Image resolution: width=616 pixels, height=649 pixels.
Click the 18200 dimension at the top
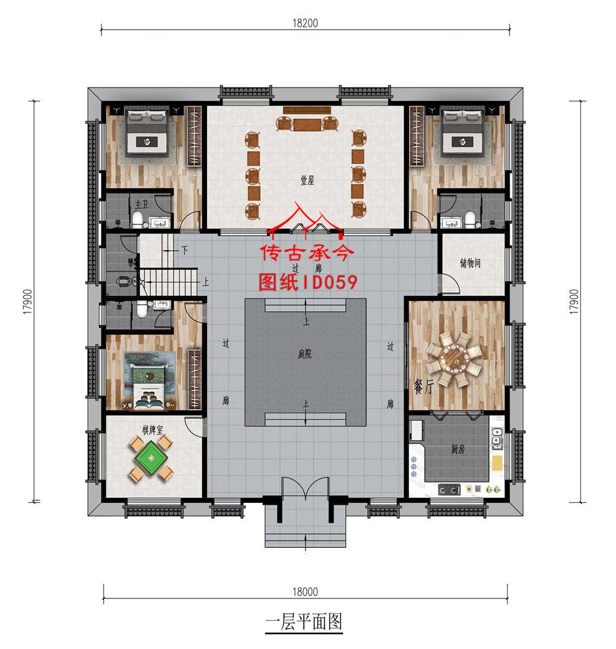(306, 23)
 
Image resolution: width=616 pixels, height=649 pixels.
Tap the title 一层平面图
(304, 621)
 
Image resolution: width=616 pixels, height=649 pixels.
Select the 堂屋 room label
(307, 180)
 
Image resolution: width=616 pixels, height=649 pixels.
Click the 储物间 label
(470, 263)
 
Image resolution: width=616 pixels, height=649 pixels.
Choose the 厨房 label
(457, 449)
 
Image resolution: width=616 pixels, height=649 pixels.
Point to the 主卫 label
(141, 203)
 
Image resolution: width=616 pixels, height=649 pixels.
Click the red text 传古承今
(306, 255)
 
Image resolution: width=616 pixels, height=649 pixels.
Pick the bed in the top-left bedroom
(148, 132)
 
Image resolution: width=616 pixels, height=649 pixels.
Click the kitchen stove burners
(448, 489)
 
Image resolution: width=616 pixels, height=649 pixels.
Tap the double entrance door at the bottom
(306, 491)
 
